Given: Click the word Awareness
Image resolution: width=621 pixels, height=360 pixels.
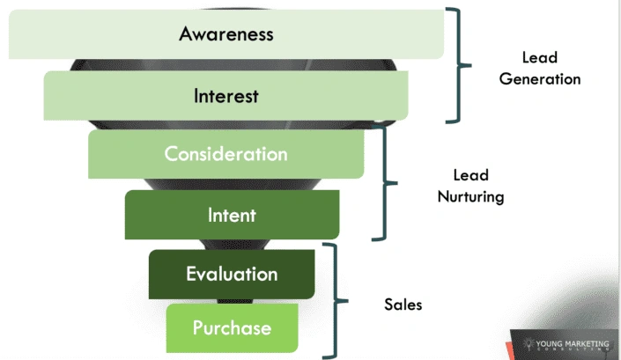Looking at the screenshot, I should (226, 34).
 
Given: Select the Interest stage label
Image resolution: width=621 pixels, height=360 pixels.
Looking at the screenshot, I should (226, 95).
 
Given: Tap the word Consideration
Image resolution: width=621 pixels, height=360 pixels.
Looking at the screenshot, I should (226, 153).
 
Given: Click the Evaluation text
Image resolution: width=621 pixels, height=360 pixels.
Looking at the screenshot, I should (232, 274).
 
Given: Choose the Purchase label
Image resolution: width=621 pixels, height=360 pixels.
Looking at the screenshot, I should (233, 328).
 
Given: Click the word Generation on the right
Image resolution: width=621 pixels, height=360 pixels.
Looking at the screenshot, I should (540, 78).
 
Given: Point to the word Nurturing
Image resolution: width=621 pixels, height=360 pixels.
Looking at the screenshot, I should (471, 197).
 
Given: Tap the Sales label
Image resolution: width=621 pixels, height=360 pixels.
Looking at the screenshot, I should (403, 305).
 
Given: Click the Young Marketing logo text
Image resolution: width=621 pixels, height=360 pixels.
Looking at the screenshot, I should (578, 343).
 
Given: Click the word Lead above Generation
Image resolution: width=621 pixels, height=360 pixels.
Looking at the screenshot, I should (540, 57).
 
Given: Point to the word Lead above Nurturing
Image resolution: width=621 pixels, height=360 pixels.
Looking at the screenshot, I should (470, 175).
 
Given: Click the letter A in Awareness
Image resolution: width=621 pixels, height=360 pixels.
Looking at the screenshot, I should (186, 34).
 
